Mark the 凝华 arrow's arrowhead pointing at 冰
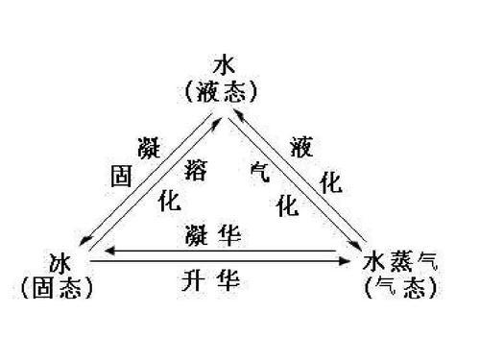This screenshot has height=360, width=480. (108, 252)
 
